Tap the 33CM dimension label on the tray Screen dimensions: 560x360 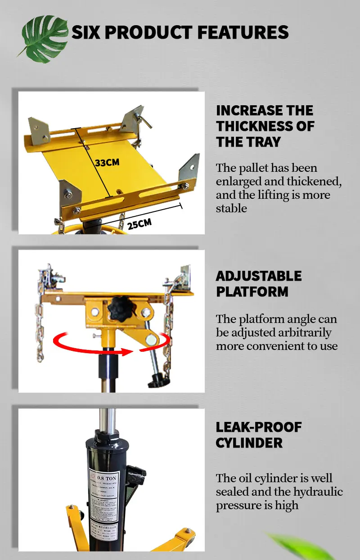[x=107, y=162]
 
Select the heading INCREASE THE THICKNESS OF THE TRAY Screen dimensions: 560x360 [x=265, y=126]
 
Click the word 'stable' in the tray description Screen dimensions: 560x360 [x=231, y=208]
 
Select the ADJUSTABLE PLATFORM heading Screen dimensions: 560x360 [x=259, y=283]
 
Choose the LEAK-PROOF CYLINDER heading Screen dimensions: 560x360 [x=259, y=435]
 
